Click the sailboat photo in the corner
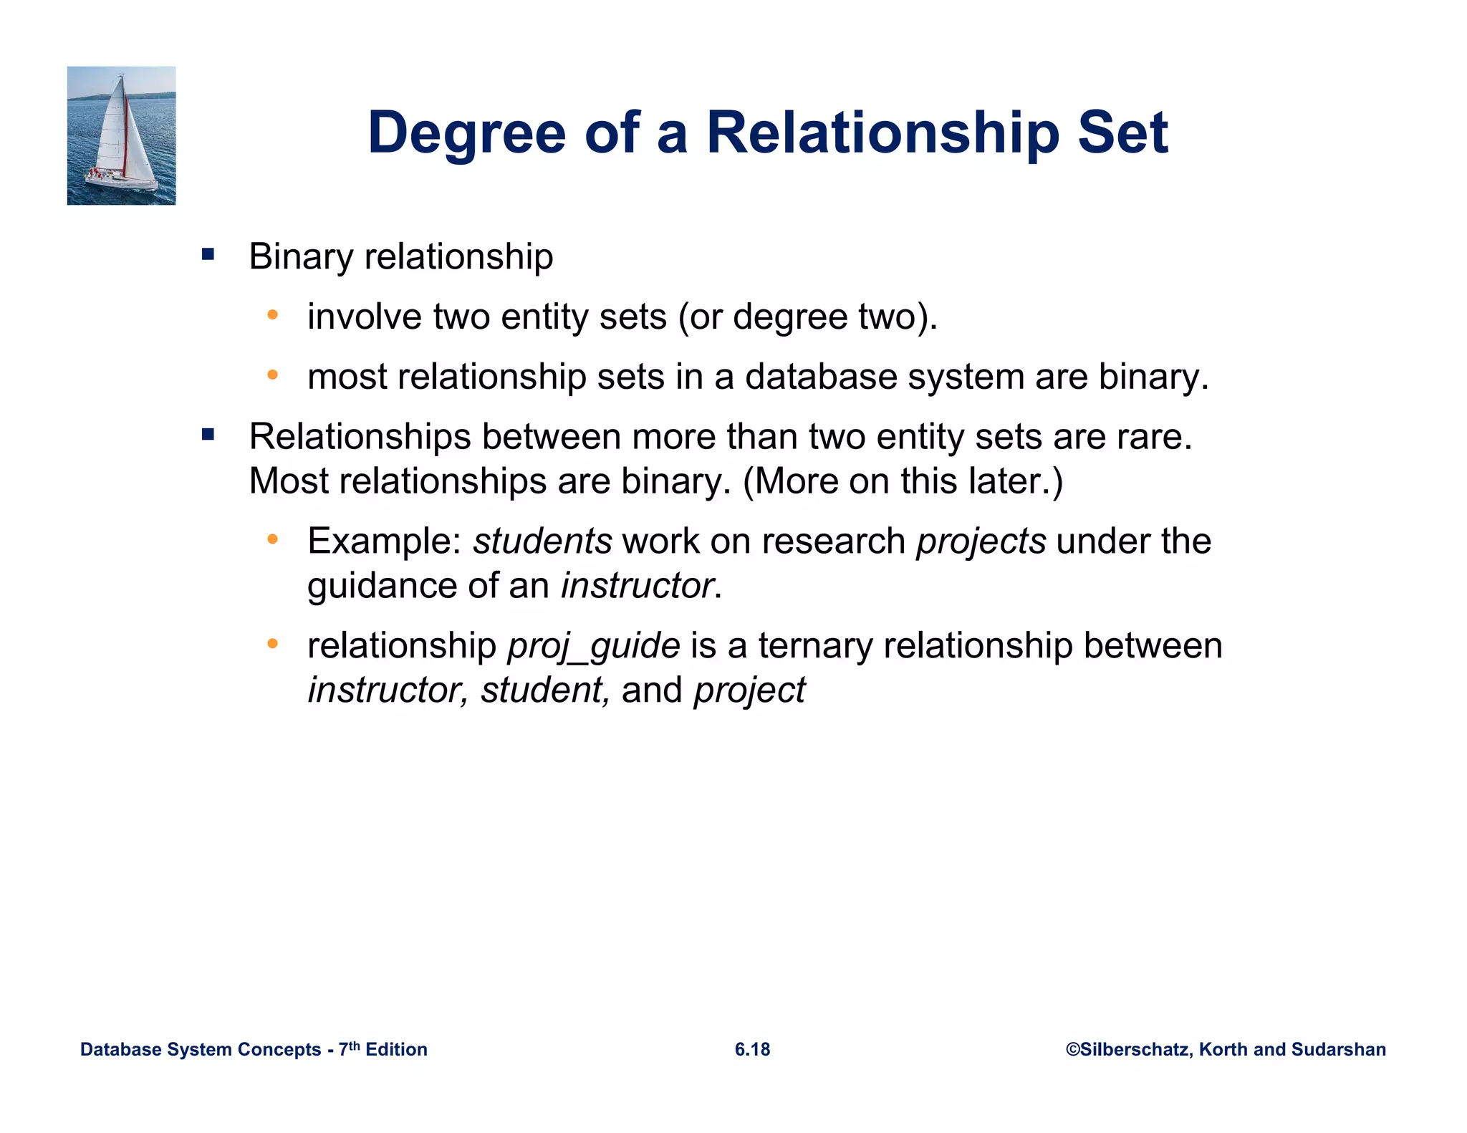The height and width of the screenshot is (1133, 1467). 121,135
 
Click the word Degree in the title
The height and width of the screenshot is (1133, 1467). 466,134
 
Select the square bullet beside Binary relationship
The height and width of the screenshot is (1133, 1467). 208,254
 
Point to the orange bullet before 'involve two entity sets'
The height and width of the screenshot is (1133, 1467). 272,314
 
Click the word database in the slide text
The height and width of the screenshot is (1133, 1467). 820,377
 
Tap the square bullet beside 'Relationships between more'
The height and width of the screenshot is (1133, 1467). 208,434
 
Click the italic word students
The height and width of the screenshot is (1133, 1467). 542,541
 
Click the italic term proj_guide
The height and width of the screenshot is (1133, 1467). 593,646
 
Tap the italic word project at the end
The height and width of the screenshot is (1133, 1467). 749,691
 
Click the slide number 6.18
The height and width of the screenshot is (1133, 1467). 752,1049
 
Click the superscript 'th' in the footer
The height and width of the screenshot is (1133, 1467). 354,1045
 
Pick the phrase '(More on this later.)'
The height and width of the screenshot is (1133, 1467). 903,481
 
